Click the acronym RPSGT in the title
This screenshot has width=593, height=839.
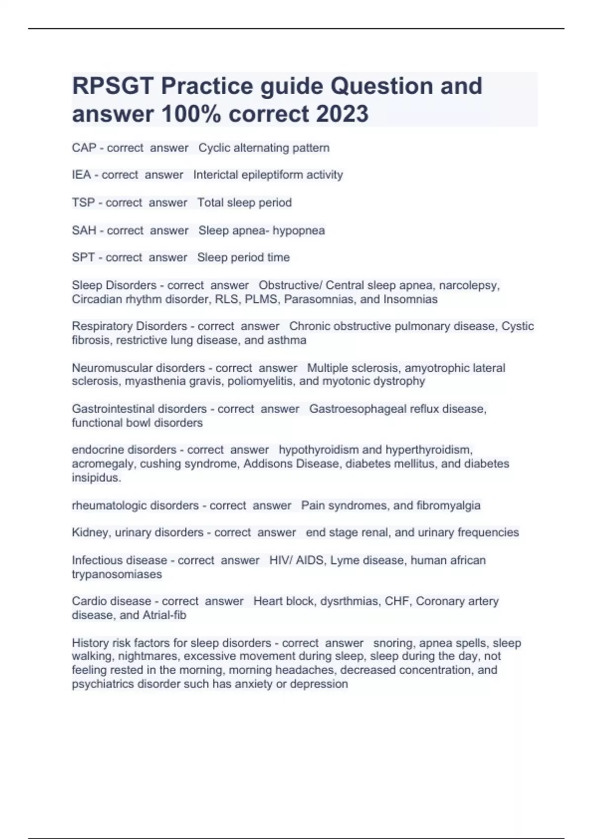coord(113,86)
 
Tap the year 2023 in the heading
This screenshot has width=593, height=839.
coord(342,114)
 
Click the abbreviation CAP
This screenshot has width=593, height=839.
coord(84,148)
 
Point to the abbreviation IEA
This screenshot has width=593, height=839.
coord(81,175)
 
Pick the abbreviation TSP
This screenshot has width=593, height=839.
coord(83,202)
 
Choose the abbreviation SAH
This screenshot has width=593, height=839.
coord(84,230)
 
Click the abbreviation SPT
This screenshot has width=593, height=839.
coord(83,257)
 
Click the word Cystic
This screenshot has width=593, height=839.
coord(517,326)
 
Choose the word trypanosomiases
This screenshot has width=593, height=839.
coord(117,574)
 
